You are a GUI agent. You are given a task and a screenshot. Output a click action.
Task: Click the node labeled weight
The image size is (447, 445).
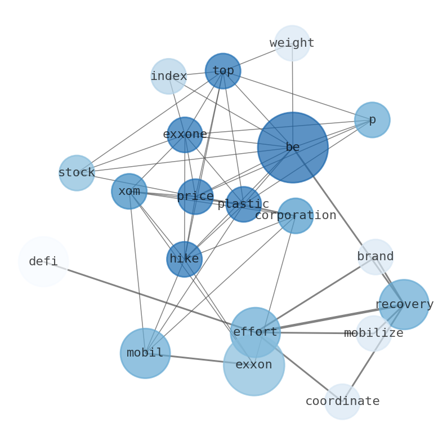click(292, 43)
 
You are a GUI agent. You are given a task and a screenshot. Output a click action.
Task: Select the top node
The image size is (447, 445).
click(223, 71)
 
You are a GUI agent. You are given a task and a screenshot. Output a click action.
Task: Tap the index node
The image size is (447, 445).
click(168, 76)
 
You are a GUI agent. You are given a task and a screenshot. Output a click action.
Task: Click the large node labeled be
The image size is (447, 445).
click(293, 148)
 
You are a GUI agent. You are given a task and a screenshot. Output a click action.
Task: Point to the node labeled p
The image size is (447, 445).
click(372, 120)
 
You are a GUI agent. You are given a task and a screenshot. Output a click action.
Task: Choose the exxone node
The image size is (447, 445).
click(185, 135)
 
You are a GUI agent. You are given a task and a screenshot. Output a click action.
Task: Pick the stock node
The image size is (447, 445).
click(77, 173)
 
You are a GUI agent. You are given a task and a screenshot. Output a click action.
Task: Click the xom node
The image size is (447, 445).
click(129, 192)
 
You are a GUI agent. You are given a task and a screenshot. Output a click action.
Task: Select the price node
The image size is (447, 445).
click(195, 197)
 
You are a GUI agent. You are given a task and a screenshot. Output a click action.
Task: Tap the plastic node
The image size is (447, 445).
click(243, 204)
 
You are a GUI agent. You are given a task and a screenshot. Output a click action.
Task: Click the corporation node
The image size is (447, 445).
click(296, 216)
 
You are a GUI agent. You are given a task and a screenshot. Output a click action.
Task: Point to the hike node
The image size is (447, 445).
click(184, 259)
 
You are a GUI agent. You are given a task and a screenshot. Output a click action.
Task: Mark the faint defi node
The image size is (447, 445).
click(43, 262)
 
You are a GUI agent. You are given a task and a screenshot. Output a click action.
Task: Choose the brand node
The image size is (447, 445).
click(376, 257)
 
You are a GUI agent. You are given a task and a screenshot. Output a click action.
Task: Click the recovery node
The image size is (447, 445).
click(404, 305)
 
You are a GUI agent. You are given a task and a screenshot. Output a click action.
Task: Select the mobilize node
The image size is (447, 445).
click(374, 333)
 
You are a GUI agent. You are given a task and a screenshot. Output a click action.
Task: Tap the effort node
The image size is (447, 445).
click(255, 332)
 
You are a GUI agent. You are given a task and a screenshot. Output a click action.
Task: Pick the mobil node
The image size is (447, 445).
click(145, 353)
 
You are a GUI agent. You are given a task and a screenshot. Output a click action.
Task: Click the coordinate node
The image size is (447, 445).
click(342, 402)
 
